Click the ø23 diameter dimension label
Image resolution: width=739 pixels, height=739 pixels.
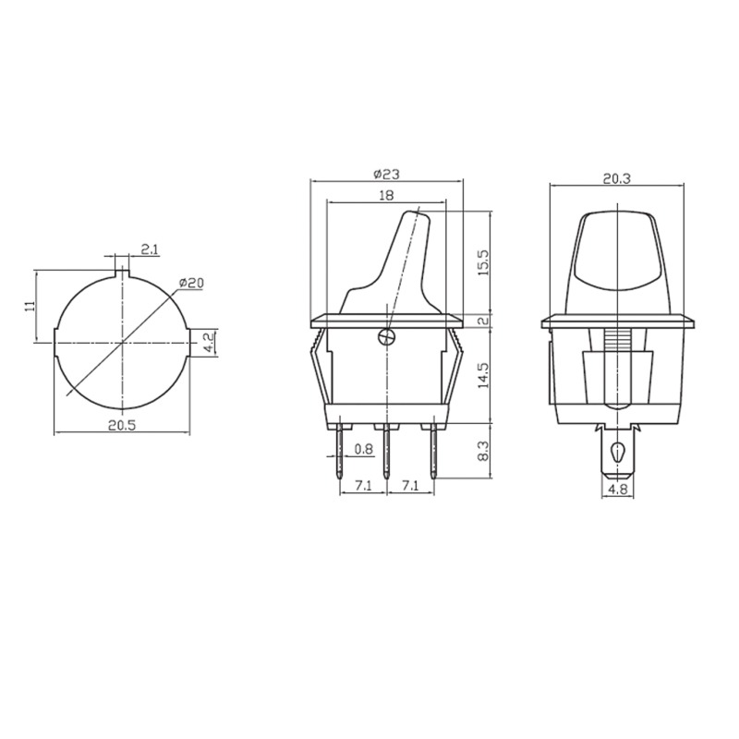pyautogui.click(x=386, y=175)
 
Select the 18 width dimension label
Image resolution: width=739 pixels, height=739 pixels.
pyautogui.click(x=385, y=196)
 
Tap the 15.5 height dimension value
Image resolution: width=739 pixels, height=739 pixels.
pyautogui.click(x=484, y=263)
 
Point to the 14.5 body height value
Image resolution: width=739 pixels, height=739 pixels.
pyautogui.click(x=484, y=376)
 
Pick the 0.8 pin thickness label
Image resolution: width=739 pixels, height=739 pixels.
pyautogui.click(x=363, y=449)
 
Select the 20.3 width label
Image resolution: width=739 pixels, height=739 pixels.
pyautogui.click(x=616, y=179)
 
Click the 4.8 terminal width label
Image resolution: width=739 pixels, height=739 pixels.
pyautogui.click(x=617, y=490)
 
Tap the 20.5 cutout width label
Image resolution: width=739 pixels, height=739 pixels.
pyautogui.click(x=122, y=425)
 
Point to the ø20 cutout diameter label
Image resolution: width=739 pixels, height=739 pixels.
pyautogui.click(x=191, y=283)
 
